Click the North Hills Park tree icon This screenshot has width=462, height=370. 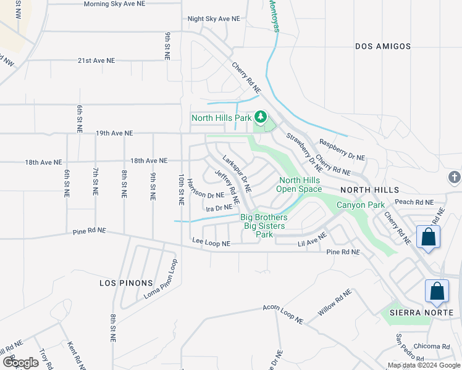(x=261, y=117)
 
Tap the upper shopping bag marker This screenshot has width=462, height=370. (x=428, y=237)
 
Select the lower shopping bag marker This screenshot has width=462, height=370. (x=437, y=291)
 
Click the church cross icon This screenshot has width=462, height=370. (x=454, y=178)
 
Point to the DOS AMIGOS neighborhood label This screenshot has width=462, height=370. (x=383, y=46)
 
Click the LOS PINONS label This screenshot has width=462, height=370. (x=126, y=283)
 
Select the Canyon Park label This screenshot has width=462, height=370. (x=360, y=205)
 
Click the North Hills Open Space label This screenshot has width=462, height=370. (x=298, y=184)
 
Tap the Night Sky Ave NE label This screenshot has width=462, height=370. (x=213, y=19)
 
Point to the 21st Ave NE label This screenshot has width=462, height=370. (x=96, y=60)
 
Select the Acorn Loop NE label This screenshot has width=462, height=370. (x=283, y=313)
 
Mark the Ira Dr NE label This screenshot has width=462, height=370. (x=219, y=208)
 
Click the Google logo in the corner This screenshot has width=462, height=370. (x=20, y=363)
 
